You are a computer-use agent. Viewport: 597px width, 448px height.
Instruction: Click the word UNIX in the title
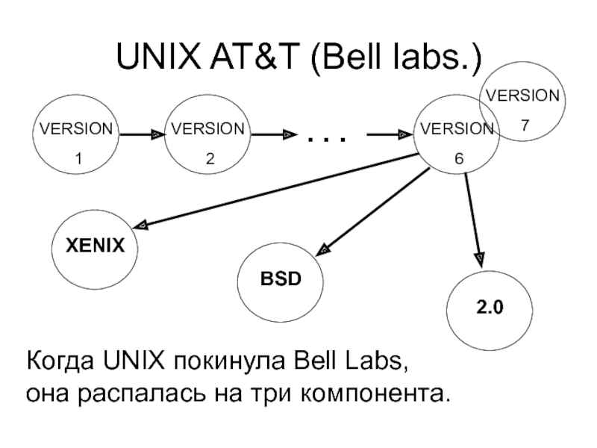point(158,56)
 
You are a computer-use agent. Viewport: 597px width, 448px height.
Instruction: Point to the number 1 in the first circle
point(78,158)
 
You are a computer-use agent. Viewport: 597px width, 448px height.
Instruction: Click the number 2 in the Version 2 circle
point(210,158)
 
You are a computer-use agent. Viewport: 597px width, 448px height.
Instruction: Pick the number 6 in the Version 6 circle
point(459,158)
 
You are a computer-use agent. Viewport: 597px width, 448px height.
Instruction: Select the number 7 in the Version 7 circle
point(525,125)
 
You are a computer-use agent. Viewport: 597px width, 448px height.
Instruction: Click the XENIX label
point(96,246)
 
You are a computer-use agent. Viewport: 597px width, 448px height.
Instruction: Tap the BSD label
point(281,279)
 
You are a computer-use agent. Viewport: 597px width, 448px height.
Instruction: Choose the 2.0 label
point(490,307)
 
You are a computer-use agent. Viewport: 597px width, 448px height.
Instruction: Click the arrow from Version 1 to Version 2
point(142,134)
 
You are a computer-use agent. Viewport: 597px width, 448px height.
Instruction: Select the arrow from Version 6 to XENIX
point(276,191)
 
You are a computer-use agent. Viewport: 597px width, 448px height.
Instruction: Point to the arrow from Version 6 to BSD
point(372,211)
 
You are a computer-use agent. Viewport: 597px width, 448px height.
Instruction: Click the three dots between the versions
point(327,140)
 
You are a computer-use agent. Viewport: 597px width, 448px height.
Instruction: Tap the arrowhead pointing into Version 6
point(404,134)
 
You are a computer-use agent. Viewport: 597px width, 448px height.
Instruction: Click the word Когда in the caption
point(60,361)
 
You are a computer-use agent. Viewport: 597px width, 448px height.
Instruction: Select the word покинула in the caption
point(230,361)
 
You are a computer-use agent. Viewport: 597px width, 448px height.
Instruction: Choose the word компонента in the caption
point(372,395)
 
